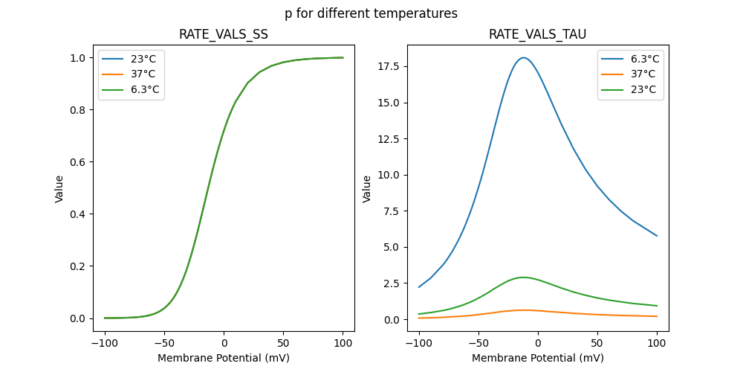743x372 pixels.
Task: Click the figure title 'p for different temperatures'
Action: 371,13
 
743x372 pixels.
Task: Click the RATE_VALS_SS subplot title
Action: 224,35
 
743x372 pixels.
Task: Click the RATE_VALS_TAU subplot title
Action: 537,35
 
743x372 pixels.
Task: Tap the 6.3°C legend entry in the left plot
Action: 145,90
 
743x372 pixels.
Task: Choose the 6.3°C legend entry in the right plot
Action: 643,59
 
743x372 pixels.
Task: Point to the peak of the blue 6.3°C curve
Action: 523,57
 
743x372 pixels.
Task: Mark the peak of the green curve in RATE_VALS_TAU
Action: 523,278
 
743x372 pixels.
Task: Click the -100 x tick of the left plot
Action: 105,344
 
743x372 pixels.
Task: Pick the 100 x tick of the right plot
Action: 657,344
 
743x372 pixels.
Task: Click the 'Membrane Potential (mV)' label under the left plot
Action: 224,358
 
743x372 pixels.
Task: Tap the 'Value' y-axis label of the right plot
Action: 366,189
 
